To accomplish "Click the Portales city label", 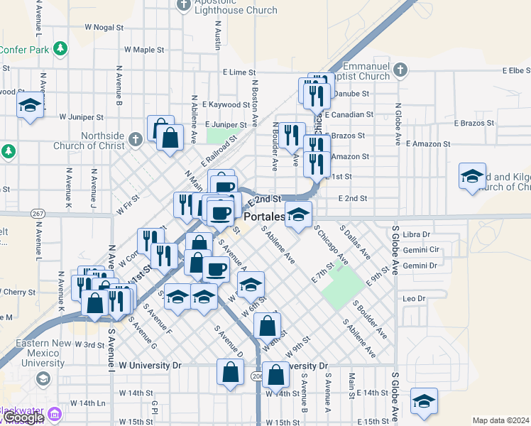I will (264, 216).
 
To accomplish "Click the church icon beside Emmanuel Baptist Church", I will (400, 70).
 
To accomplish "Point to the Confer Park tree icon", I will (62, 48).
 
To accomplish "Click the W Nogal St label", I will (104, 27).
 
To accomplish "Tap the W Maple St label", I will (144, 50).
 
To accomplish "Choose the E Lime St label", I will (239, 72).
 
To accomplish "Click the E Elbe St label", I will (516, 71).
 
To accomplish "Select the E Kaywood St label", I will (226, 104).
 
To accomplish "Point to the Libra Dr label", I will (416, 234).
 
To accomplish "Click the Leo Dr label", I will (412, 299).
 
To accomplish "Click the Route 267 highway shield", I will (37, 213).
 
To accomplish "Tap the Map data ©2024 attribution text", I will (501, 420).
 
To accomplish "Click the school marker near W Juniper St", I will (30, 107).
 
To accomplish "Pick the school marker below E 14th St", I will (424, 402).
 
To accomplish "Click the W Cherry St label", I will (18, 292).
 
